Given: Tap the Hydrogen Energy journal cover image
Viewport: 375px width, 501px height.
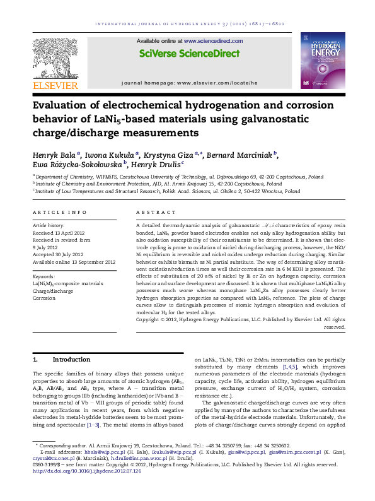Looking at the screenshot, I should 322,59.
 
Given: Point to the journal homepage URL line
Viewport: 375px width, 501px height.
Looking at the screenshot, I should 190,83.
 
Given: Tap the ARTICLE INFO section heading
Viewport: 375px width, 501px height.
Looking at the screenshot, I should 60,213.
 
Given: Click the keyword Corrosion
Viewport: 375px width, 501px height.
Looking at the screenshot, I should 44,298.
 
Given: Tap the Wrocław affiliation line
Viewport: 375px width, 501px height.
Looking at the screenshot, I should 166,190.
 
